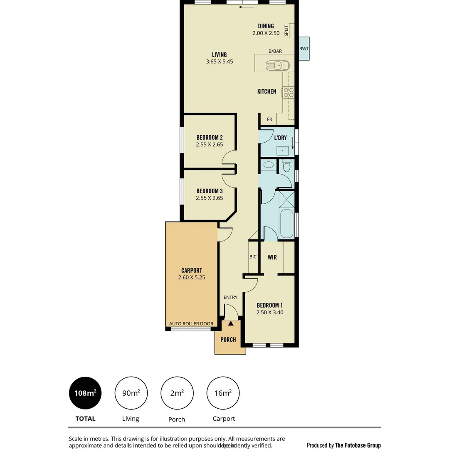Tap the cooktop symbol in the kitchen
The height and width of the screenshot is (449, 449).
[289, 92]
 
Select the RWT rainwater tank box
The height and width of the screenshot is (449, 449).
[304, 49]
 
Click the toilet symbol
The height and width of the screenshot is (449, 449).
[286, 166]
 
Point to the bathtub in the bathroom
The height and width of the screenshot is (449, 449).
[287, 223]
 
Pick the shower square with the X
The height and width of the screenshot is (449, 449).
[286, 199]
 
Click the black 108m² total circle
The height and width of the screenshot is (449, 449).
[85, 393]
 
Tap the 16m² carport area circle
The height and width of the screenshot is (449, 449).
[223, 393]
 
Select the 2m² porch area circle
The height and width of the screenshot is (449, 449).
[177, 393]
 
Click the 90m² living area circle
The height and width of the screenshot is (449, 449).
[131, 393]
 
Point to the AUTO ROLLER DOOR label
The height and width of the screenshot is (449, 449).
[191, 324]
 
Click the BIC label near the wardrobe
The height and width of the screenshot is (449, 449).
[253, 257]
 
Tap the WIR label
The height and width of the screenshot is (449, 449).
[272, 257]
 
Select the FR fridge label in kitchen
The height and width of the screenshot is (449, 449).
[269, 120]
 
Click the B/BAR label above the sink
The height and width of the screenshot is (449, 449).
[275, 51]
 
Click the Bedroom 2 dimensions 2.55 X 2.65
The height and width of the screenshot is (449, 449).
[210, 145]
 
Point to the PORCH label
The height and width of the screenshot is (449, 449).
[228, 340]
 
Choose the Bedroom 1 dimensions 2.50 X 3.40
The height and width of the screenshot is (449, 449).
[270, 312]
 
